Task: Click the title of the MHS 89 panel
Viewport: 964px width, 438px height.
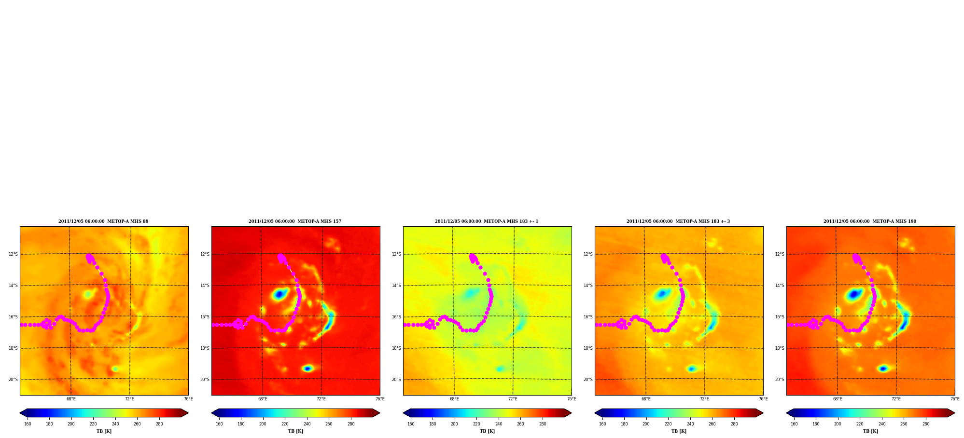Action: click(103, 221)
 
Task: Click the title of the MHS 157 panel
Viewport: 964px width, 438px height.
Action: click(295, 221)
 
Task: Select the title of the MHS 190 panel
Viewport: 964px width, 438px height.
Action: click(870, 221)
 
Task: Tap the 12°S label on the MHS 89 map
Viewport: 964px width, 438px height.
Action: click(13, 254)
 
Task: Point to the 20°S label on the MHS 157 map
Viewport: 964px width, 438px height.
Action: click(205, 380)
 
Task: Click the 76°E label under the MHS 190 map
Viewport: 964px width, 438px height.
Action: click(955, 399)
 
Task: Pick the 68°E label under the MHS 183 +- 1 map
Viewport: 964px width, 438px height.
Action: click(454, 399)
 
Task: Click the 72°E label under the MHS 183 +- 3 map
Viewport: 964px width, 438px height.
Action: click(704, 399)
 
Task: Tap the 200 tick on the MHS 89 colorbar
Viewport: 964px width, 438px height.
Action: click(71, 424)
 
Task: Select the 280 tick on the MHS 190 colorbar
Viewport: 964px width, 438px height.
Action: click(926, 424)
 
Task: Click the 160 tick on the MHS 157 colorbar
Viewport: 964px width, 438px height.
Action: click(219, 424)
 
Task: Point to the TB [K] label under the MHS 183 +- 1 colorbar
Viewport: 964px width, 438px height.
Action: click(487, 431)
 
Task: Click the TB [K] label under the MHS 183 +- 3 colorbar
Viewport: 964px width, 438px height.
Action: click(679, 431)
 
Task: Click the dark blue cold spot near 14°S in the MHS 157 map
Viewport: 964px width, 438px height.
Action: click(279, 294)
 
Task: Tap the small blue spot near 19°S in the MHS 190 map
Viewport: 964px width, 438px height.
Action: click(883, 369)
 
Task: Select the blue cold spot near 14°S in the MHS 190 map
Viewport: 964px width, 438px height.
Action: click(854, 293)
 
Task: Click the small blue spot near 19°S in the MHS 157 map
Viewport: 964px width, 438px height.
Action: click(307, 369)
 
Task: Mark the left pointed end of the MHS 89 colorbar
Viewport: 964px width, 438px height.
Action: click(20, 413)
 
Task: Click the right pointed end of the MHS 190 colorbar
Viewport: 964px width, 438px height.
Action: click(954, 413)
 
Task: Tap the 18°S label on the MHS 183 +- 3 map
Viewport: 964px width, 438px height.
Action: click(588, 348)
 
